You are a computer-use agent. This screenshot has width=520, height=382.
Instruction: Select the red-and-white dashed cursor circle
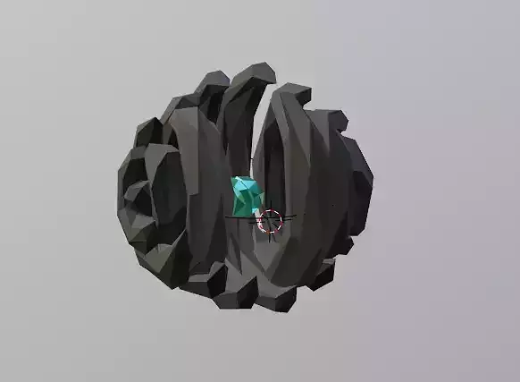coord(269,220)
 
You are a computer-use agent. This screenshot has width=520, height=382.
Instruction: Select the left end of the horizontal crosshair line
coord(227,217)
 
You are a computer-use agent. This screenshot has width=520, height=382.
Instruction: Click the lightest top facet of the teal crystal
coord(241,183)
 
